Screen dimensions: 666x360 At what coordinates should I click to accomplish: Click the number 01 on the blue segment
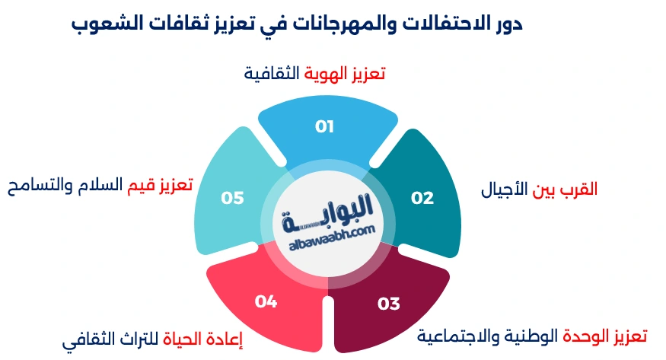[x=324, y=126]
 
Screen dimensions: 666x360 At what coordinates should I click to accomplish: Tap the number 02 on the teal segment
[x=422, y=198]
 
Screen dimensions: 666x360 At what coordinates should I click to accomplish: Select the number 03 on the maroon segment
[x=389, y=304]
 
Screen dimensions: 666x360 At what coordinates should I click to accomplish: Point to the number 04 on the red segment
[x=266, y=301]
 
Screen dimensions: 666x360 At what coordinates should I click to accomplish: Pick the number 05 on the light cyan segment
[x=232, y=198]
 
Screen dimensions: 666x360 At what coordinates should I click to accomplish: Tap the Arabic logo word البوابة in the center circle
[x=327, y=212]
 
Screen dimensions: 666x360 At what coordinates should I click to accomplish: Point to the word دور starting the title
[x=510, y=24]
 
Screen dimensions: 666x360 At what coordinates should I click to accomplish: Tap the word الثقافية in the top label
[x=272, y=74]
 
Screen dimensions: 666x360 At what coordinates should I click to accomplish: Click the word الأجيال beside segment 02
[x=504, y=190]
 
